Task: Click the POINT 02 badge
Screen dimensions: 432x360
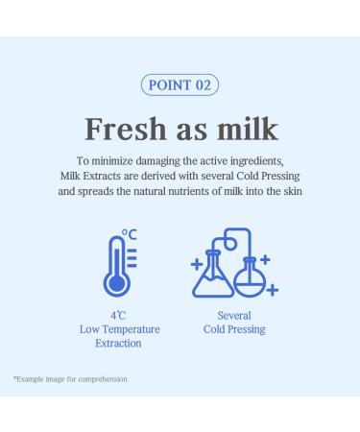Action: [180, 84]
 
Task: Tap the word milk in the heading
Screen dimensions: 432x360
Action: [250, 128]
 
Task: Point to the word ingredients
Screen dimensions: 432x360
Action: [252, 159]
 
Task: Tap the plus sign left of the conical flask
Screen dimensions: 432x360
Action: [196, 263]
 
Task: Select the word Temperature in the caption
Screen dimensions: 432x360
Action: [136, 328]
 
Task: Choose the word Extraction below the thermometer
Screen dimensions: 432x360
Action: [120, 343]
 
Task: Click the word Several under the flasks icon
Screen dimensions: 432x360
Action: [234, 314]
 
